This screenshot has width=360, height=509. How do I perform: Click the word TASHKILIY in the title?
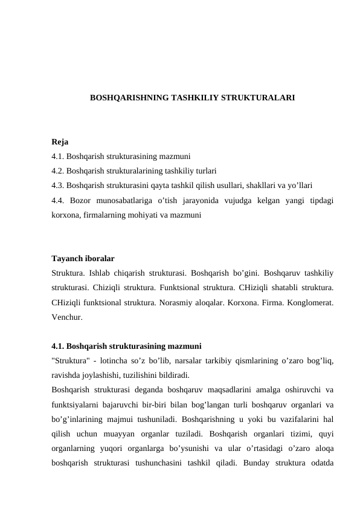tap(193, 97)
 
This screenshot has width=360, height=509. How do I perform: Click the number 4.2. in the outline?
tap(58, 170)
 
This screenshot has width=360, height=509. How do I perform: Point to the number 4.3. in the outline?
tap(58, 185)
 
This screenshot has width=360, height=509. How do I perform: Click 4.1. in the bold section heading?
tap(58, 346)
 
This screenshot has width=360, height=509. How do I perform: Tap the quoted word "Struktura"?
tap(72, 361)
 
